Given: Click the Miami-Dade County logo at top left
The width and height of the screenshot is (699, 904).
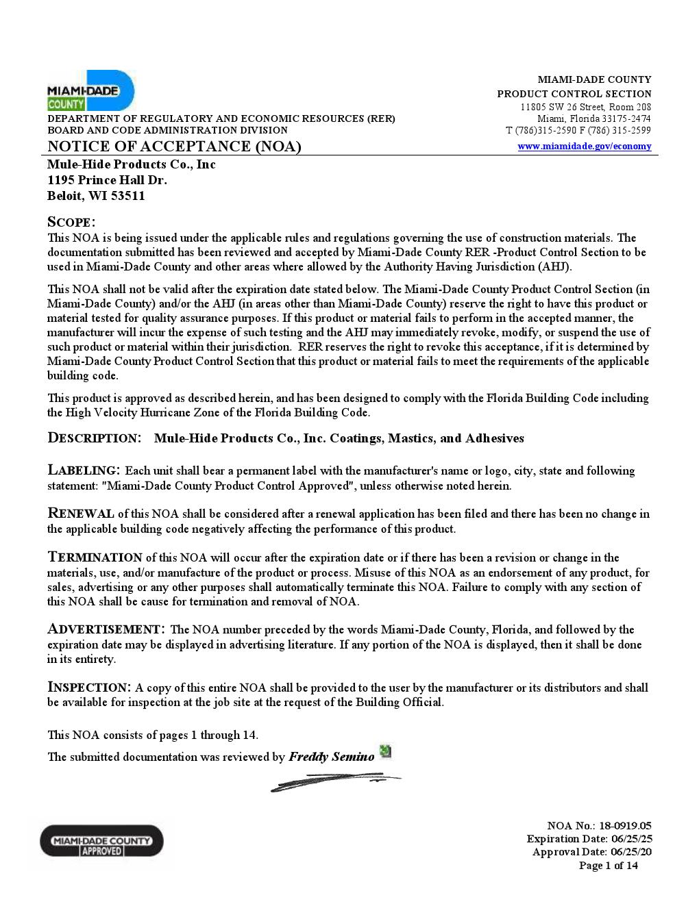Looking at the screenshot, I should click(x=90, y=91).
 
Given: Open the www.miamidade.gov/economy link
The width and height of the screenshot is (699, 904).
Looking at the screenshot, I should click(x=584, y=146).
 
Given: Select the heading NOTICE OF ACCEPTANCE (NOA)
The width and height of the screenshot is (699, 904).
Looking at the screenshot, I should click(x=174, y=147).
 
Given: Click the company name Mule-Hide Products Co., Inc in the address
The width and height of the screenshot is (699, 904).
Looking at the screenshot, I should click(x=131, y=164).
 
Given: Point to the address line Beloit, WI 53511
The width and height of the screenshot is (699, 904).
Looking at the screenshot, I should click(x=96, y=196).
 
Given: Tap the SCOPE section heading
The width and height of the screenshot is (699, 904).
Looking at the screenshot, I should click(x=71, y=222).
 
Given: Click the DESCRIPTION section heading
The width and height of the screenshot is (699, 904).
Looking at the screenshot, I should click(x=94, y=438).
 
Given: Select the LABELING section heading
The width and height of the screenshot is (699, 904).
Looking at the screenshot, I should click(x=84, y=470).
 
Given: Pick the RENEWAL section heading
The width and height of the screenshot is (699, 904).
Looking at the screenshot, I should click(x=80, y=514).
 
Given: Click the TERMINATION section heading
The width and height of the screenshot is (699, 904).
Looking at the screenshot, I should click(x=95, y=557).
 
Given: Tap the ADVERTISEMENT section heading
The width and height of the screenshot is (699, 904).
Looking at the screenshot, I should click(x=106, y=629).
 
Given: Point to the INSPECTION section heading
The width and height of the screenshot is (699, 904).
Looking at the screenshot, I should click(x=88, y=688).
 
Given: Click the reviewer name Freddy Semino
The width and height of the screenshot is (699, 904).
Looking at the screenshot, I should click(x=332, y=757).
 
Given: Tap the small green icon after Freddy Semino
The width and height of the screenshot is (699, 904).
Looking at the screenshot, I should click(x=386, y=751).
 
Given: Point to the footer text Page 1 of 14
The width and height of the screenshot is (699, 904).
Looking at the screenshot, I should click(x=608, y=866).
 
